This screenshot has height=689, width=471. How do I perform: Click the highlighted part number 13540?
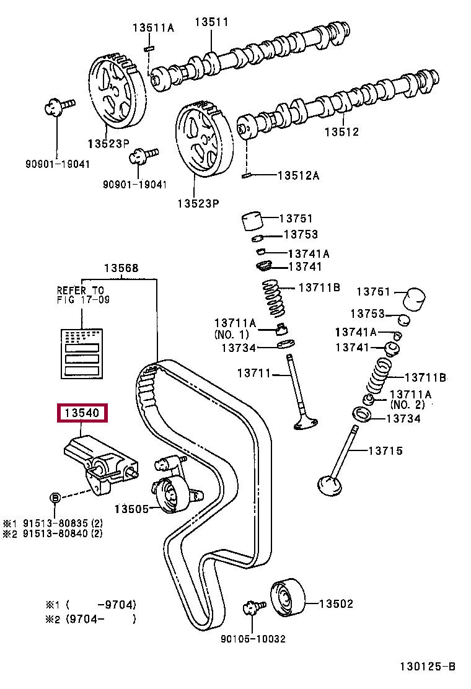pyautogui.click(x=82, y=413)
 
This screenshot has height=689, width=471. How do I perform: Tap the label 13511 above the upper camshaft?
pyautogui.click(x=212, y=22)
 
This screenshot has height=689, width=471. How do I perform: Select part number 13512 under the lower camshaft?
pyautogui.click(x=342, y=131)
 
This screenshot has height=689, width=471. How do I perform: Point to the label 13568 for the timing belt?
pyautogui.click(x=121, y=268)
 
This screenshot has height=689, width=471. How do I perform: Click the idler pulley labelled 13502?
pyautogui.click(x=288, y=598)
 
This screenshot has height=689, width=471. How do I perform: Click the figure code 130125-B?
pyautogui.click(x=428, y=667)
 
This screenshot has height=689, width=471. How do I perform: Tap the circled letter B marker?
pyautogui.click(x=55, y=498)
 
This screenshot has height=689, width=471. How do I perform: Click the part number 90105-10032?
pyautogui.click(x=253, y=638)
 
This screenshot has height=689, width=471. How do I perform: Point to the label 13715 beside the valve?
pyautogui.click(x=385, y=450)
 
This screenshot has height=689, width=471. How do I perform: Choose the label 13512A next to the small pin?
pyautogui.click(x=299, y=175)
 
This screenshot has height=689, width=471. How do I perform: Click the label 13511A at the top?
pyautogui.click(x=153, y=28)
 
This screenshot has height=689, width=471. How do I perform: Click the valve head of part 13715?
pyautogui.click(x=329, y=486)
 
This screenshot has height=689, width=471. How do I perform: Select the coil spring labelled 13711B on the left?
pyautogui.click(x=274, y=299)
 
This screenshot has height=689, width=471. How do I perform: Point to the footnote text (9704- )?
pyautogui.click(x=101, y=619)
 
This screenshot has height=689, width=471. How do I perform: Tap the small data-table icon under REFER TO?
pyautogui.click(x=82, y=353)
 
